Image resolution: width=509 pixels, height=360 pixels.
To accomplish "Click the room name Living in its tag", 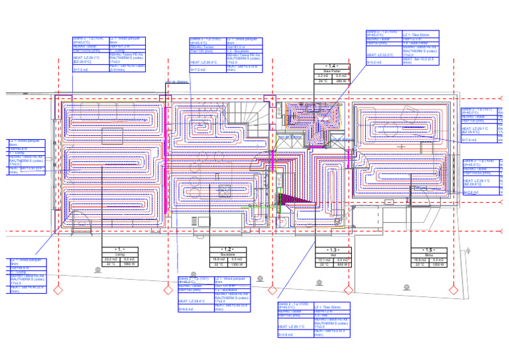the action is pyautogui.click(x=120, y=253).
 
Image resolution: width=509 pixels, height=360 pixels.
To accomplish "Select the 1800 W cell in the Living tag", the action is pyautogui.click(x=129, y=264).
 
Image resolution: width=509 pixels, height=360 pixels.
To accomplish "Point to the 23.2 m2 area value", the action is pyautogui.click(x=111, y=259).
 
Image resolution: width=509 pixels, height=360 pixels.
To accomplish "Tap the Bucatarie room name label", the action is pyautogui.click(x=227, y=254).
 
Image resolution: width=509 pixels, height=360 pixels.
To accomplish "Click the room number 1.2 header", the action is pyautogui.click(x=227, y=249).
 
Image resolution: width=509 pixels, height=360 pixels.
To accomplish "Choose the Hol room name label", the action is pyautogui.click(x=333, y=254).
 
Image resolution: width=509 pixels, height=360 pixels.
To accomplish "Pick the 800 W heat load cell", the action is pyautogui.click(x=342, y=265).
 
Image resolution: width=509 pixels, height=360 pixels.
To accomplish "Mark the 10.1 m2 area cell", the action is pyautogui.click(x=324, y=260).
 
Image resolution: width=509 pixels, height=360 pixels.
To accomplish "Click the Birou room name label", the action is pyautogui.click(x=429, y=254).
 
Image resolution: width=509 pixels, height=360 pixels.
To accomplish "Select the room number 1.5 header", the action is pyautogui.click(x=429, y=249).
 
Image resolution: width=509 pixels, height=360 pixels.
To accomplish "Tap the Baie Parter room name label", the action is pyautogui.click(x=332, y=72).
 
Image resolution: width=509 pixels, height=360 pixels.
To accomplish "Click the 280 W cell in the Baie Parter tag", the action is pyautogui.click(x=341, y=82).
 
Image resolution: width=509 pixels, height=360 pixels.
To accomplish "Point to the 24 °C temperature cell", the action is pyautogui.click(x=323, y=82).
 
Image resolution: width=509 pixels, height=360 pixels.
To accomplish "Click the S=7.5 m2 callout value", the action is pyautogui.click(x=81, y=69).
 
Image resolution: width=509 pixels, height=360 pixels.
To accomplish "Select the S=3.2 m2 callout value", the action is pyautogui.click(x=374, y=62).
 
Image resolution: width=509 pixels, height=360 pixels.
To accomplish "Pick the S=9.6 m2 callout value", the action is pyautogui.click(x=186, y=309).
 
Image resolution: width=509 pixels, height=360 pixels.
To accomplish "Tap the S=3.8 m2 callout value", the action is pyautogui.click(x=285, y=335).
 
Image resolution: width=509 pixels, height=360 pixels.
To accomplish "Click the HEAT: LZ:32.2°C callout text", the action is pyautogui.click(x=380, y=55).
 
